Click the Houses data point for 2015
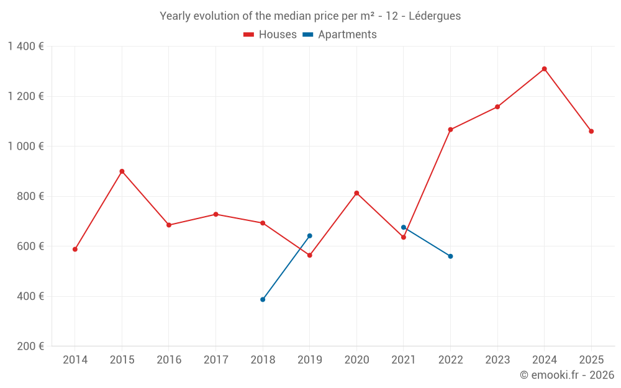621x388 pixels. (x=122, y=171)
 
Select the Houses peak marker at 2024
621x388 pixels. (x=544, y=69)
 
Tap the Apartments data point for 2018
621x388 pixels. (x=263, y=299)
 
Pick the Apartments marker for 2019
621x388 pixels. (x=309, y=236)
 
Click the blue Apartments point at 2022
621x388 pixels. (x=450, y=256)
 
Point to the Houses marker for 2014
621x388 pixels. (x=75, y=250)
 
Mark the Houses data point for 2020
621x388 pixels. (x=356, y=193)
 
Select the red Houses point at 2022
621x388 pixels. (x=450, y=130)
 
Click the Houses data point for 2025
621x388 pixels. (x=591, y=132)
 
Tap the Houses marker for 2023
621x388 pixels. (x=497, y=107)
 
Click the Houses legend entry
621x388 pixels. (x=270, y=35)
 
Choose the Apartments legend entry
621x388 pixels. (x=340, y=35)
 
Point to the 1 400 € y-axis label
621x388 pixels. (x=25, y=47)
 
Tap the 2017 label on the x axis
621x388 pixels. (x=215, y=360)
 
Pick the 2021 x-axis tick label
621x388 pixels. (x=404, y=360)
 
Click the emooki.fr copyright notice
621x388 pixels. (x=566, y=375)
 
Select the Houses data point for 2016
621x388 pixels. (x=169, y=225)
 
